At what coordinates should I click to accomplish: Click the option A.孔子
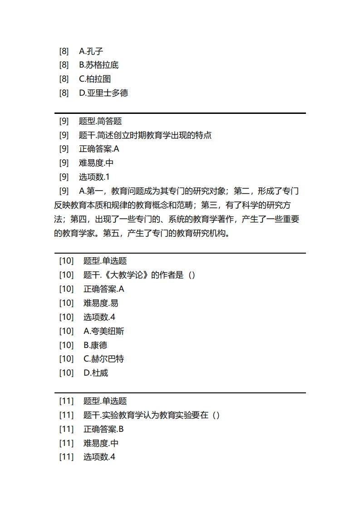click(91, 51)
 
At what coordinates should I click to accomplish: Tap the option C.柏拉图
click(95, 79)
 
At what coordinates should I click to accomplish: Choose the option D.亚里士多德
click(103, 93)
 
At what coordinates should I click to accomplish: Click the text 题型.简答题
click(100, 121)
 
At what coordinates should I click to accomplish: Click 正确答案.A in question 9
click(99, 149)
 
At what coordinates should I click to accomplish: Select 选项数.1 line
click(94, 177)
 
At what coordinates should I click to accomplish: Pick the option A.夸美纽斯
click(104, 331)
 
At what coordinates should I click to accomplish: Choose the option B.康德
click(95, 345)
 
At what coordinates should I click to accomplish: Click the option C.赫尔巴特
click(104, 359)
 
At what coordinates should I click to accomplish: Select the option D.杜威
click(96, 373)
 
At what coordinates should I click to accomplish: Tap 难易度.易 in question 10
click(101, 303)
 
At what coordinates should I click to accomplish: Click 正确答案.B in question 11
click(104, 429)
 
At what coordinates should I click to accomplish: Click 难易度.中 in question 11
click(101, 443)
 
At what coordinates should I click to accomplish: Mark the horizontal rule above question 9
click(180, 113)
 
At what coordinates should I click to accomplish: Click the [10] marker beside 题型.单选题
click(66, 261)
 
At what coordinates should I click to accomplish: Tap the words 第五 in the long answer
click(111, 234)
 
